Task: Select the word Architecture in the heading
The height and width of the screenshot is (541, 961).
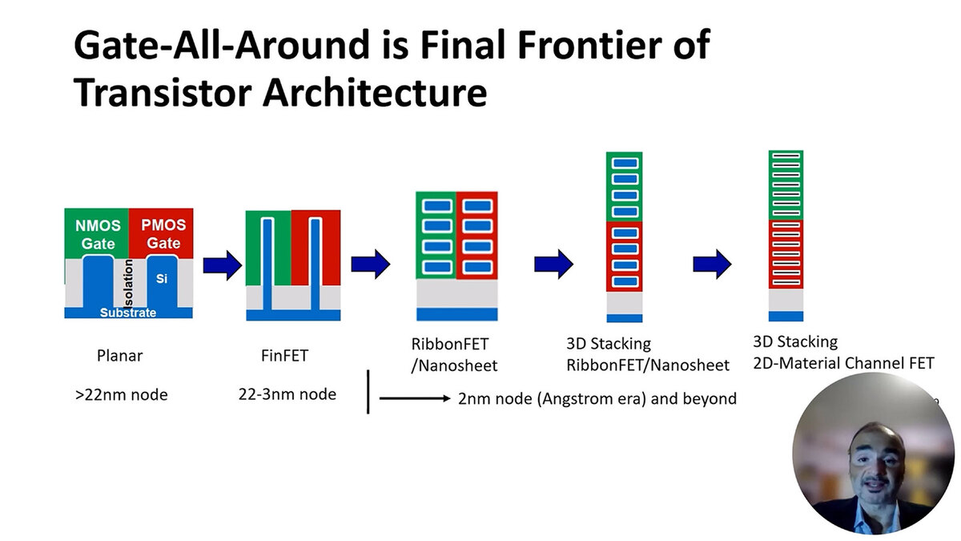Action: point(377,93)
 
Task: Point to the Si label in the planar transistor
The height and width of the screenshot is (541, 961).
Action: point(161,278)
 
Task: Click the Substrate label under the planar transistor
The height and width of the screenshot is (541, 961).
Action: point(128,313)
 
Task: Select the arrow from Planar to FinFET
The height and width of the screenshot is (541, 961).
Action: point(221,265)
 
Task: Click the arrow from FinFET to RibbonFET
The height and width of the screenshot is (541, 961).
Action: point(369,262)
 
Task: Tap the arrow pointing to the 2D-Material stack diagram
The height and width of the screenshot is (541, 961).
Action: point(711,262)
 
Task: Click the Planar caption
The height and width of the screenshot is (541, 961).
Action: point(120,355)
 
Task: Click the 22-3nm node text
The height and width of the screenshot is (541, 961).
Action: point(287,394)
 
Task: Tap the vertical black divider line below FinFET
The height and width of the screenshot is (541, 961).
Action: point(368,391)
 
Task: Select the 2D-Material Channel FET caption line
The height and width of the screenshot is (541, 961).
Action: point(843,363)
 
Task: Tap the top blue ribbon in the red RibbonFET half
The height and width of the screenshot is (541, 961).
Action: point(477,206)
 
